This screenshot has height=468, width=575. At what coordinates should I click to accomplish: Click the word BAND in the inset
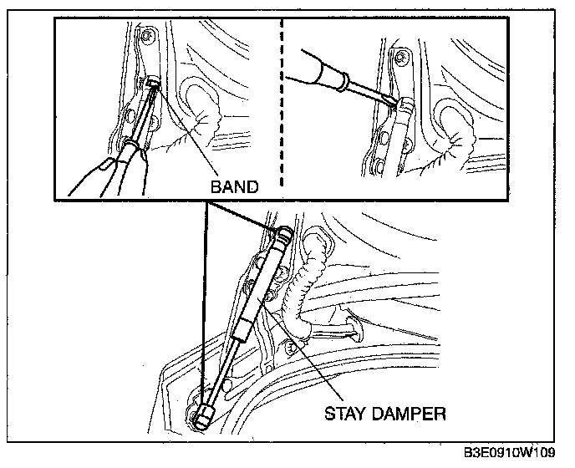point(233,186)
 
